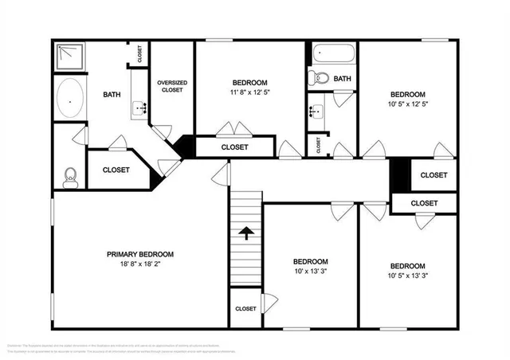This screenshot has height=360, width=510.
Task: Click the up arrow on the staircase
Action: tap(246, 233)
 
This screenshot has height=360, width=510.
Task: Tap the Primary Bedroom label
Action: tap(140, 254)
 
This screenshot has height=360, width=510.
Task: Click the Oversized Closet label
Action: tap(171, 86)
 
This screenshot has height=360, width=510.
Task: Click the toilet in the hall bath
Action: tap(319, 78)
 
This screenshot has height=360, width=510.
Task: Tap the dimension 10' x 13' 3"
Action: tap(309, 272)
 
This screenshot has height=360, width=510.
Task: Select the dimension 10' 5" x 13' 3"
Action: tap(407, 276)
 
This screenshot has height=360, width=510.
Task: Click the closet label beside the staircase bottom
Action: tap(245, 308)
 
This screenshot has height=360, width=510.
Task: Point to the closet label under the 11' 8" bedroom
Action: tap(234, 147)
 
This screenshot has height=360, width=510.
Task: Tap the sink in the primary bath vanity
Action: tap(140, 108)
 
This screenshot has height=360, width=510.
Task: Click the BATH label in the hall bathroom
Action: tap(342, 79)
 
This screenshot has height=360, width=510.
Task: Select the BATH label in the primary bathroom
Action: tap(112, 96)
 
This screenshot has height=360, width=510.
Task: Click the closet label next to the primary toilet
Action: tap(116, 170)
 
